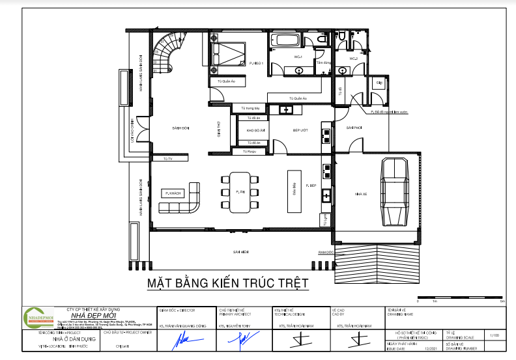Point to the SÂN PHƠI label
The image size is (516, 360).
coord(354,128)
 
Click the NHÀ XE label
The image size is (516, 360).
coord(362,194)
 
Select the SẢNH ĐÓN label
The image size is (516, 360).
coord(171,128)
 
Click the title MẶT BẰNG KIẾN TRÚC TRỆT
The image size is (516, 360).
coord(227,284)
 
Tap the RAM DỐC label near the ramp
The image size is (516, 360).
coord(326,251)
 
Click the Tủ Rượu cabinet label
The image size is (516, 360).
coord(250,151)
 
